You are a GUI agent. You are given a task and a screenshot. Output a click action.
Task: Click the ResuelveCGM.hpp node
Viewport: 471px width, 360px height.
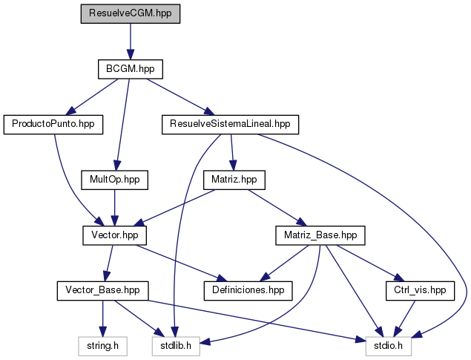[x=131, y=13]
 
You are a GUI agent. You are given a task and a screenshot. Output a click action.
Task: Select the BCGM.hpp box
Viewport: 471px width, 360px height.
[x=131, y=69]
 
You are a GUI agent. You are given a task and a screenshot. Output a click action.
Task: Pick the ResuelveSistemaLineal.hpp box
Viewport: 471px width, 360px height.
[x=230, y=124]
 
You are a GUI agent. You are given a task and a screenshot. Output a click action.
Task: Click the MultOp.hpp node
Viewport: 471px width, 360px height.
[x=114, y=180]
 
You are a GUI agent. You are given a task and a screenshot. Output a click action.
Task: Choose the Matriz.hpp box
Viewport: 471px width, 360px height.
[x=234, y=180]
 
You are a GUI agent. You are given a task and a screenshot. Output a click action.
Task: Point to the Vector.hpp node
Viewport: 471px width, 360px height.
[x=114, y=235]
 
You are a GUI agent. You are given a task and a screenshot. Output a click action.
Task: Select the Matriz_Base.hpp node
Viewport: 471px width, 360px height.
[x=320, y=235]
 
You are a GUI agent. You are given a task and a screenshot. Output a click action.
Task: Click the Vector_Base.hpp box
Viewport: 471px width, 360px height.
[x=103, y=290]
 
